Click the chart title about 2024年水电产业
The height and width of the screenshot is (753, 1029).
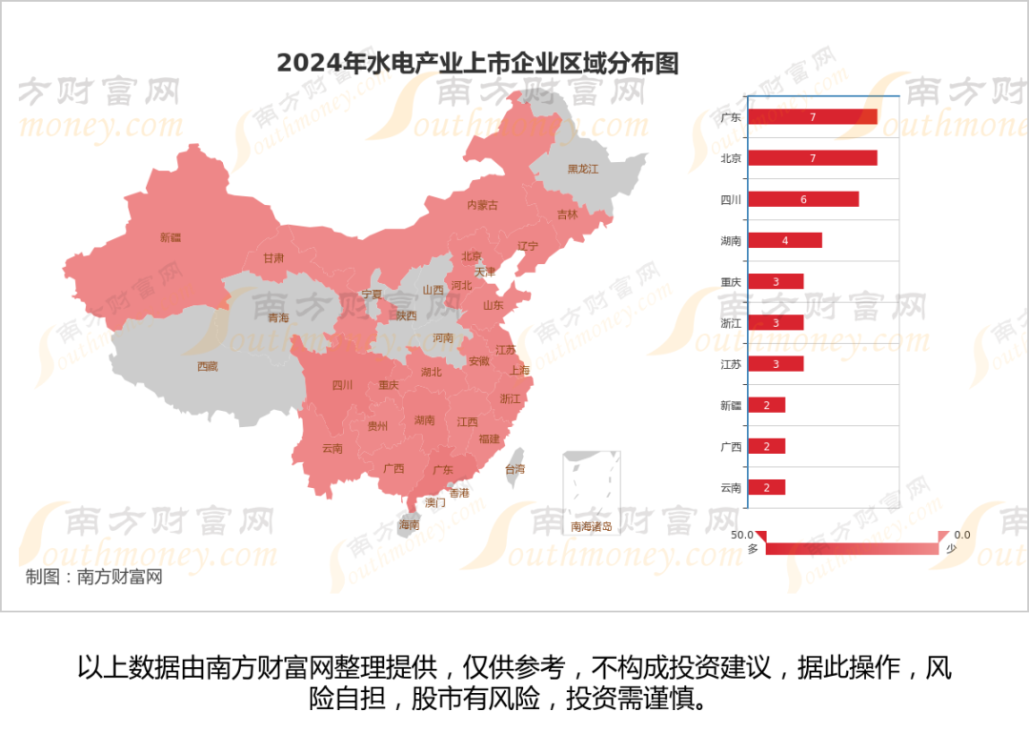pos(477,63)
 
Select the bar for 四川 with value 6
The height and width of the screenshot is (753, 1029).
pos(803,199)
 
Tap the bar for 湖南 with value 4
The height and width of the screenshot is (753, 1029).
pos(784,240)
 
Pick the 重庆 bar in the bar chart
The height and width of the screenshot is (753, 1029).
pos(776,281)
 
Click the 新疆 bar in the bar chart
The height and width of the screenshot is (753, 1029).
pos(766,405)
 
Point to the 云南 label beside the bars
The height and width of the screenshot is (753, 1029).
pos(731,487)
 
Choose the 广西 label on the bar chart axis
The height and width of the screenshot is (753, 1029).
pos(731,446)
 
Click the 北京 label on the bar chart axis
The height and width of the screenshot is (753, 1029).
pos(731,158)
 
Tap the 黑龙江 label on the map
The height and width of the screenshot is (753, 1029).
pos(583,169)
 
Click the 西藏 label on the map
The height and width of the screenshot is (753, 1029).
pos(208,366)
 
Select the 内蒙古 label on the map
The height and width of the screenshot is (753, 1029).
pos(483,205)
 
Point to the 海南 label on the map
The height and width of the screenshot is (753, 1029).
pos(409,525)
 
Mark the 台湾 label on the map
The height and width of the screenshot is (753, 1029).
pos(514,469)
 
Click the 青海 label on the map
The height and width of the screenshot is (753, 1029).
pos(278,317)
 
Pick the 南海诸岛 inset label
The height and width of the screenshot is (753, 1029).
pos(591,526)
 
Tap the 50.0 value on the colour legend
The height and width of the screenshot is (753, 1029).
pos(742,535)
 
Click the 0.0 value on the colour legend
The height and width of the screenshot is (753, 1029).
pos(962,535)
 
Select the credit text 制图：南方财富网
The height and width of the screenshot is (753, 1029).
pos(93,577)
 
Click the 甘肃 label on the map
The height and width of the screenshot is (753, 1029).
pos(273,258)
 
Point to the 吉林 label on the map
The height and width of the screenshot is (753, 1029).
pos(567,214)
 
